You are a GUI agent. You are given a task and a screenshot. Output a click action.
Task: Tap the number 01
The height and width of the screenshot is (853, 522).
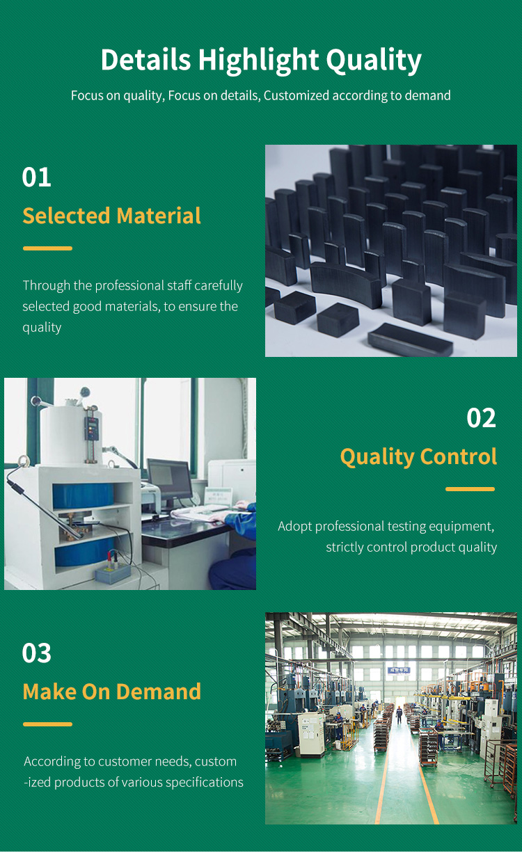[37, 177]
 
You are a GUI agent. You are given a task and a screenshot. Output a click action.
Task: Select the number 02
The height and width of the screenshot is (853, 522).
[481, 417]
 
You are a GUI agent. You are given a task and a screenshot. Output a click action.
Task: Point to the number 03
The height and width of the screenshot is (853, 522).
[37, 653]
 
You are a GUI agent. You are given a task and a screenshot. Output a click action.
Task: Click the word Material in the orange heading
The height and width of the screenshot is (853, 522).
[159, 216]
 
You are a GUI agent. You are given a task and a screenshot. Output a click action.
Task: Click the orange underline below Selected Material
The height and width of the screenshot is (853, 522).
[47, 248]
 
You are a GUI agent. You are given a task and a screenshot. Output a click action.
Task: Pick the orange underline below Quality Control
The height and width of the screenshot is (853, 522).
[470, 489]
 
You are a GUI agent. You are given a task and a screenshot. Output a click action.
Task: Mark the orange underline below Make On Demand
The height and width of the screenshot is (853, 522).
[47, 724]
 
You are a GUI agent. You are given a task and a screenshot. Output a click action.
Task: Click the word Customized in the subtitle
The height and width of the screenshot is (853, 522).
[296, 95]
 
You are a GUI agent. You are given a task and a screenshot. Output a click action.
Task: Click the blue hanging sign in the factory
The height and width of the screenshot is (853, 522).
[399, 670]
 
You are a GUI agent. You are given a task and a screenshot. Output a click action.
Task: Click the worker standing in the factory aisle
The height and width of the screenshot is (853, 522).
[399, 715]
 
